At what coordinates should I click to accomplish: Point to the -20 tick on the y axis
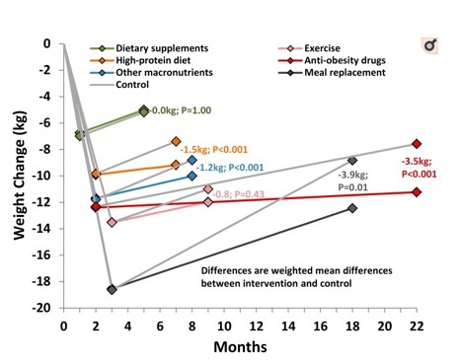[x=47, y=308]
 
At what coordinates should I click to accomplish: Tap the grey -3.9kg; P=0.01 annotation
[x=352, y=178]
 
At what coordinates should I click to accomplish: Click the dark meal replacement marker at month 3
[x=112, y=289]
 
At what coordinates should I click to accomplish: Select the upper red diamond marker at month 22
[x=417, y=144]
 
